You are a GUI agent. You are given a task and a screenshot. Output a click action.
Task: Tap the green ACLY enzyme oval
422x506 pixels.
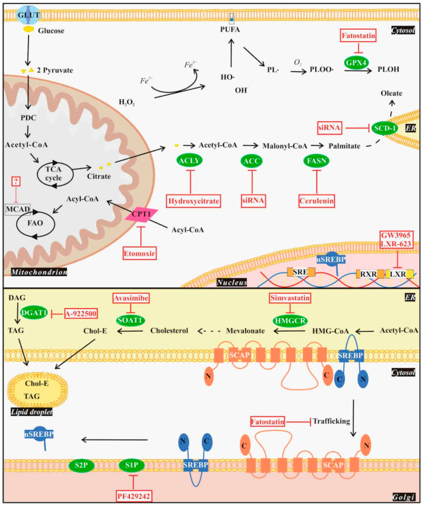[187, 161]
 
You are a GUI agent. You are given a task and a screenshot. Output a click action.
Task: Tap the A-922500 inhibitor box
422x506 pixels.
[81, 313]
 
